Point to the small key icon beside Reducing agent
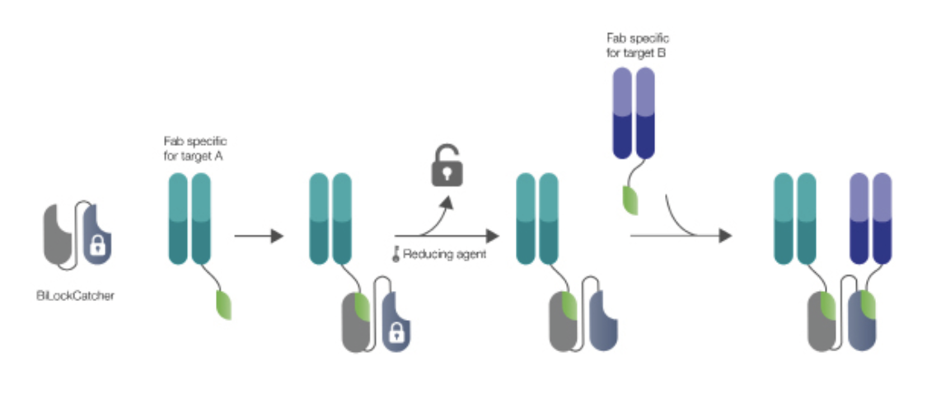396,254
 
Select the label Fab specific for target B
634,45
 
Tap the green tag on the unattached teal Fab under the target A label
222,304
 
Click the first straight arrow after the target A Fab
259,237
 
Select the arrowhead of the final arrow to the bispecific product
724,237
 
